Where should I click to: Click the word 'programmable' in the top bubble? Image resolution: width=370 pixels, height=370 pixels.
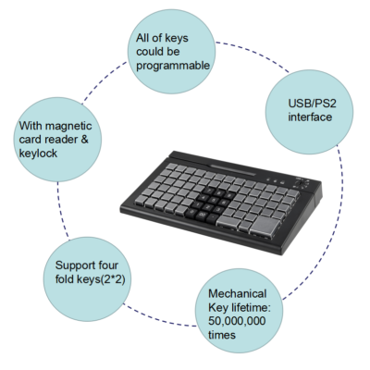[x=173, y=66]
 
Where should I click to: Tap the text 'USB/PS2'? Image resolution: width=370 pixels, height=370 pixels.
[x=312, y=104]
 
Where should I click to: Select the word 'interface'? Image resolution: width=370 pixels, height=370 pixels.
[x=310, y=117]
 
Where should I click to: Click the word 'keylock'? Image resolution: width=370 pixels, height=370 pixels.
[x=38, y=154]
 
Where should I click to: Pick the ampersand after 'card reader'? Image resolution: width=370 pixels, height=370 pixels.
[x=84, y=140]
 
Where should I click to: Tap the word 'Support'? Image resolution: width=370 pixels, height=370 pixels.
[x=75, y=265]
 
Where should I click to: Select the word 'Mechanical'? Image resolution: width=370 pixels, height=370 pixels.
[x=237, y=293]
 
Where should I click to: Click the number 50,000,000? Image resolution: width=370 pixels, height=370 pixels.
[x=237, y=321]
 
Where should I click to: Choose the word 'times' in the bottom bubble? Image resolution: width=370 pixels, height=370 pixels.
[x=222, y=335]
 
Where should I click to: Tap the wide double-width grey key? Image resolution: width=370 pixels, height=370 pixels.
[x=228, y=221]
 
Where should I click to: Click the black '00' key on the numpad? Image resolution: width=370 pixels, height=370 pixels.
[x=203, y=214]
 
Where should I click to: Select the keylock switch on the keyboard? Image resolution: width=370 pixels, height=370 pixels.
[x=301, y=183]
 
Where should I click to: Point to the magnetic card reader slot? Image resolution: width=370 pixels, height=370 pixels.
[x=233, y=170]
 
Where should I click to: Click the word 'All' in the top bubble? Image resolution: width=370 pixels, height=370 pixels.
[x=142, y=38]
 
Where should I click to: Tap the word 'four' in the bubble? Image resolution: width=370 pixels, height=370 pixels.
[x=108, y=265]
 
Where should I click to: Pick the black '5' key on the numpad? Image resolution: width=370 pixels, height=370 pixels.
[x=213, y=200]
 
